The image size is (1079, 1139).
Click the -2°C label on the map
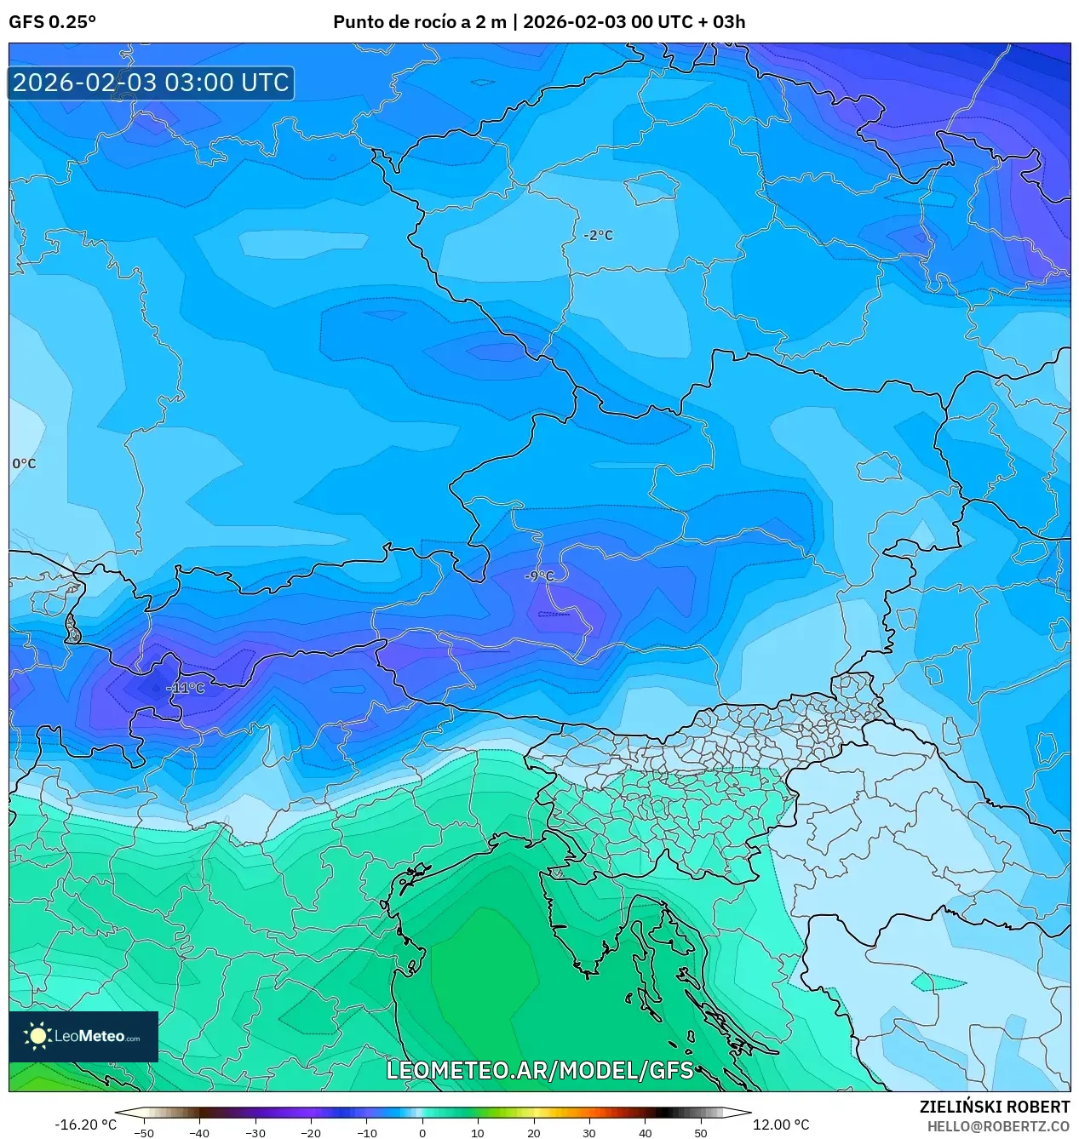tap(599, 236)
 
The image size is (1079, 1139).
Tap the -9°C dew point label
tap(540, 576)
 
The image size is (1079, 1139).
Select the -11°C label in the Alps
tap(185, 688)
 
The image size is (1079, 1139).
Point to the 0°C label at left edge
tap(24, 464)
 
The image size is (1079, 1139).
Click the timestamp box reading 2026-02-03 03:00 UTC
tap(151, 83)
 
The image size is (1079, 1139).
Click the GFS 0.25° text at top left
tap(52, 22)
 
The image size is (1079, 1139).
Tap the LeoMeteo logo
tap(83, 1036)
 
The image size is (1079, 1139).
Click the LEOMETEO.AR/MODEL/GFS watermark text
tap(540, 1070)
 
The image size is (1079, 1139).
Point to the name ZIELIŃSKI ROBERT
tap(994, 1107)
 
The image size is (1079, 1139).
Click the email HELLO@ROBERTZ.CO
tap(998, 1126)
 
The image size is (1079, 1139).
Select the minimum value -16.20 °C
tap(85, 1125)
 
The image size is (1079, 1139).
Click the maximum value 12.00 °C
tap(781, 1125)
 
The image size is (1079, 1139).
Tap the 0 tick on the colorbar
tap(422, 1133)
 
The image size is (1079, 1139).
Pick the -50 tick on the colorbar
tap(144, 1133)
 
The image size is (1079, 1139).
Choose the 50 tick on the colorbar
tap(701, 1133)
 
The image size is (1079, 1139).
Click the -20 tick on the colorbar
tap(311, 1133)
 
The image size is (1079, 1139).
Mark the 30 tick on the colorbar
tap(589, 1133)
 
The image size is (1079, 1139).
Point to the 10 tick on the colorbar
tap(478, 1133)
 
